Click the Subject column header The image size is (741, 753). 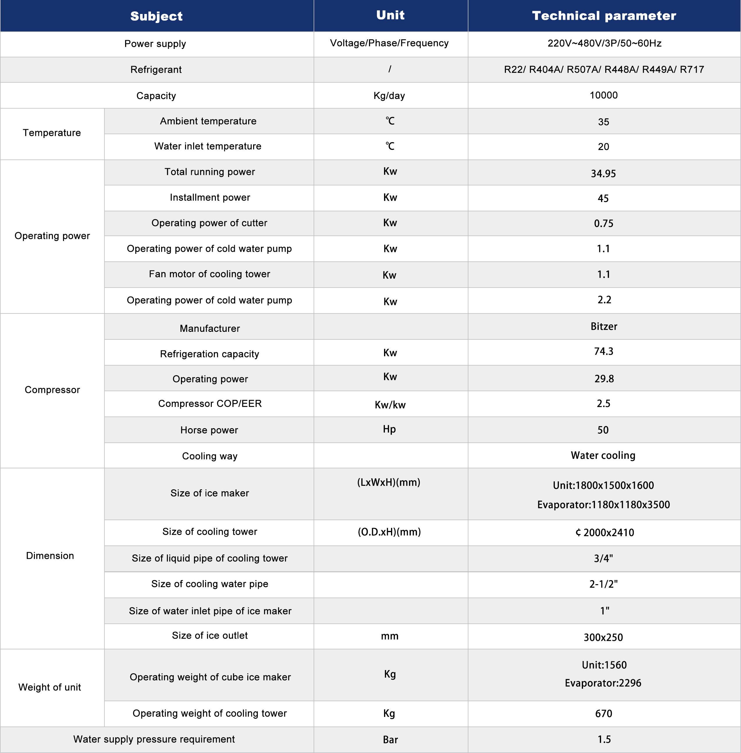tap(157, 16)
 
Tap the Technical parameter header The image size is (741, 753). tap(604, 16)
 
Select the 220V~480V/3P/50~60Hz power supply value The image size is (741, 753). tap(604, 43)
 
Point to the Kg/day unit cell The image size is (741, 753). tap(389, 96)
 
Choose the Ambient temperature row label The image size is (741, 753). tap(208, 121)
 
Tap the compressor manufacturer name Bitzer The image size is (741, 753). tap(604, 326)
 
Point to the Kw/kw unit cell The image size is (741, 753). tap(390, 405)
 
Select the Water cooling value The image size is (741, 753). tap(603, 456)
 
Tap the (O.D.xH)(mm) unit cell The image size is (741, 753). tap(389, 532)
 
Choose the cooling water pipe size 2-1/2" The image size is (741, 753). tap(603, 584)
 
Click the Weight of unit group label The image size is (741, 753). tap(50, 687)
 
